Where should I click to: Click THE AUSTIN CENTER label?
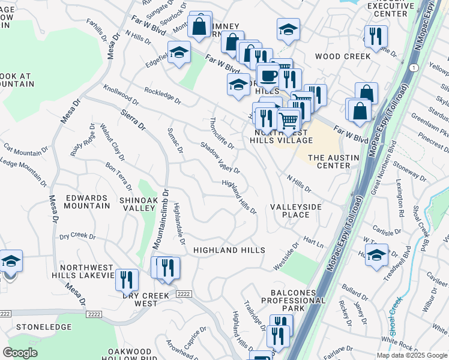pyautogui.click(x=333, y=161)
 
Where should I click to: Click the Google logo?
pyautogui.click(x=20, y=353)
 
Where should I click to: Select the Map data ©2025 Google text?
pyautogui.click(x=412, y=355)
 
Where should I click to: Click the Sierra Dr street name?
pyautogui.click(x=133, y=119)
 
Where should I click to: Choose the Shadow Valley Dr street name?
pyautogui.click(x=220, y=158)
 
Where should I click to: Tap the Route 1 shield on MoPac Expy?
pyautogui.click(x=414, y=68)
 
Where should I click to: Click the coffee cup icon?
pyautogui.click(x=268, y=75)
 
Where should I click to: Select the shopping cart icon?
pyautogui.click(x=289, y=121)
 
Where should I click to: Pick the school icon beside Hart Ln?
pyautogui.click(x=377, y=254)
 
